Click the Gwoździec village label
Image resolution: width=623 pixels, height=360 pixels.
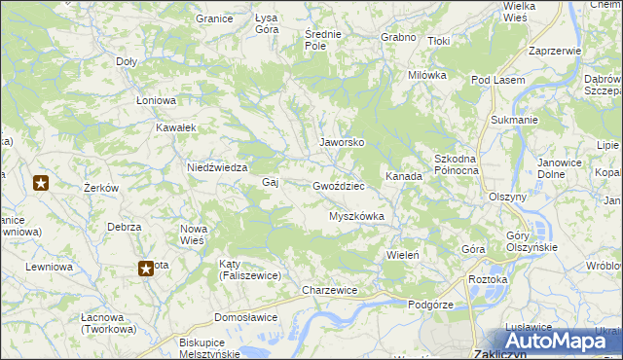click(339, 185)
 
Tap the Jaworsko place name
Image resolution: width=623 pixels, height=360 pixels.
click(343, 142)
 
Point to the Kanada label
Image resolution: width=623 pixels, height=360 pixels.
click(404, 177)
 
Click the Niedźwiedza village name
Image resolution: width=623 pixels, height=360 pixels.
click(216, 166)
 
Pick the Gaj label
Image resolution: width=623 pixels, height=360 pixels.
click(271, 182)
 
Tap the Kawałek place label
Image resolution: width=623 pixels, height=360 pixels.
click(177, 127)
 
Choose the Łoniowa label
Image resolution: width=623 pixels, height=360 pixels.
click(156, 100)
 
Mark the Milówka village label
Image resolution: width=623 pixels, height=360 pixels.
click(427, 75)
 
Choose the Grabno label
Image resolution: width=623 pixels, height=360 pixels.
click(399, 37)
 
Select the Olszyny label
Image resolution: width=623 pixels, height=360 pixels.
click(507, 196)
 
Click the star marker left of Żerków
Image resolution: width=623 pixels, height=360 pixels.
click(41, 182)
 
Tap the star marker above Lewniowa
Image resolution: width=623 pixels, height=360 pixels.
click(146, 268)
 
